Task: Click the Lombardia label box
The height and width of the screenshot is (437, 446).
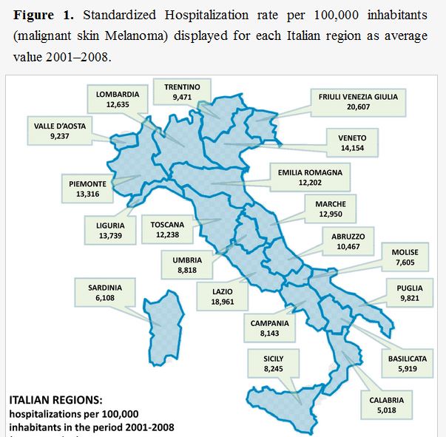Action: [x=118, y=99]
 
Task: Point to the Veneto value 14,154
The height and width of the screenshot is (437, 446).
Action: [x=357, y=148]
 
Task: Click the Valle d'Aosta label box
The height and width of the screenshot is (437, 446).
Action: [x=60, y=131]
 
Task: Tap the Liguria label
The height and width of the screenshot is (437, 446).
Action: [x=109, y=230]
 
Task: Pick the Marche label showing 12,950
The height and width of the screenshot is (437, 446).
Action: [x=330, y=209]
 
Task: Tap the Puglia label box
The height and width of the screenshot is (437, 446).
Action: [x=410, y=289]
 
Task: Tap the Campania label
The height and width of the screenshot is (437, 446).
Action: [x=269, y=328]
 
